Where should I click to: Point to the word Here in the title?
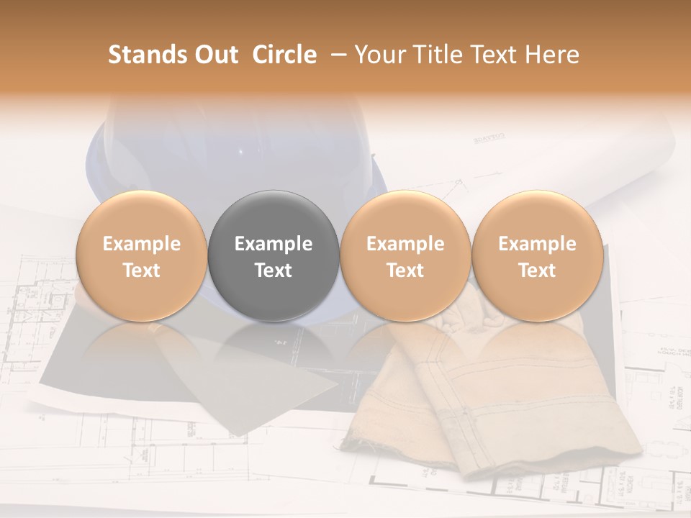(551, 55)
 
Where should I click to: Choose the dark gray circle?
(274, 255)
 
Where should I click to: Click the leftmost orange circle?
(141, 255)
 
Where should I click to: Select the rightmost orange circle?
(537, 255)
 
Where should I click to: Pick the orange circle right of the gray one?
(405, 255)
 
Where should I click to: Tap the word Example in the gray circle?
(274, 244)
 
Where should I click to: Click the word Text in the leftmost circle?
(141, 271)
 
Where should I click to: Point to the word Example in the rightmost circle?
(537, 244)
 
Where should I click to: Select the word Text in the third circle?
(405, 271)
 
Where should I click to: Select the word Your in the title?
(379, 55)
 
